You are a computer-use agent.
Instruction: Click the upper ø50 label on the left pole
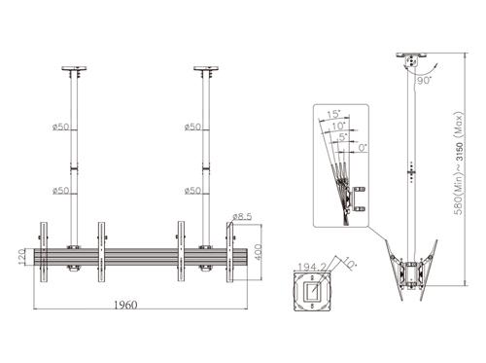coord(59,127)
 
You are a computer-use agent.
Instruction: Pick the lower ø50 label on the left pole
coord(59,190)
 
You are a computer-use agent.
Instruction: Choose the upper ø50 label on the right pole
coord(191,127)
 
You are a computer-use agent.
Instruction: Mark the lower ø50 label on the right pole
coord(191,190)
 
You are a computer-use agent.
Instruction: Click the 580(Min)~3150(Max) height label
coord(454,175)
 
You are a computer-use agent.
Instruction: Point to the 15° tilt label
coord(333,114)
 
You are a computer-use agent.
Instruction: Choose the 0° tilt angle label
coord(363,147)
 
